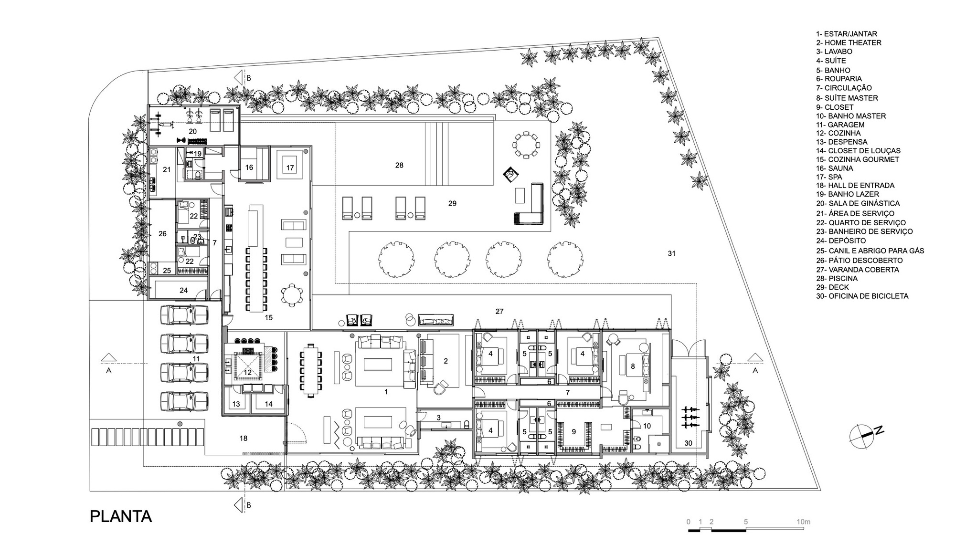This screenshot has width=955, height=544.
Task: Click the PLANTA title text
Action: [x=121, y=517]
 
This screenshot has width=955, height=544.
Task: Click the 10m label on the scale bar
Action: [x=804, y=522]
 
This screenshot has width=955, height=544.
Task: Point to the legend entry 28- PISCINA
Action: [x=837, y=278]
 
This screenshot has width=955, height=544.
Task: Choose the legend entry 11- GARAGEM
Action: [x=840, y=125]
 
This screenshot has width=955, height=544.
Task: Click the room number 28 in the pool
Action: [x=399, y=165]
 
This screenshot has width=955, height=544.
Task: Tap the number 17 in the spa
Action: [x=290, y=168]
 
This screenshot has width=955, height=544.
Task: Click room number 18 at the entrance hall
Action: [x=243, y=438]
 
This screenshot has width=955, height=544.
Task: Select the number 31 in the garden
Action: [x=671, y=253]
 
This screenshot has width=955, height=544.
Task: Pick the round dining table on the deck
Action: [x=526, y=144]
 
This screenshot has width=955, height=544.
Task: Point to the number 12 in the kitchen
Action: [x=247, y=372]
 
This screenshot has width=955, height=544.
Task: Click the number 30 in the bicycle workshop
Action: [x=688, y=443]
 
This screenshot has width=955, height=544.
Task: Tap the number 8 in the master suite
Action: [x=633, y=366]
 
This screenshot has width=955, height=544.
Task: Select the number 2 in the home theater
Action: [x=446, y=361]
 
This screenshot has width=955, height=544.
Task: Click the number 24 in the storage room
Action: [x=183, y=290]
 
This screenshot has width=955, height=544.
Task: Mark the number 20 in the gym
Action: [x=192, y=131]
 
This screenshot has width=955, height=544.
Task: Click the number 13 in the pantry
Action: [x=236, y=404]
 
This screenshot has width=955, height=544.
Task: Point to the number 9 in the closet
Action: [x=573, y=432]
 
